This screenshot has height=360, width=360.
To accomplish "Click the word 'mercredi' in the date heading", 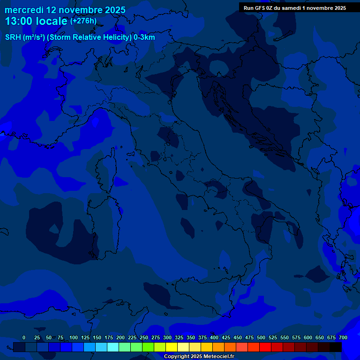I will point(24,10).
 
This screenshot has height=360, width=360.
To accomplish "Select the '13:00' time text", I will point(19,21).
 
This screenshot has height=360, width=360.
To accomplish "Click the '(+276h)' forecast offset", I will point(83,21).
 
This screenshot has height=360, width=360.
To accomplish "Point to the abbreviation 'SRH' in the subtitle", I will point(14,37).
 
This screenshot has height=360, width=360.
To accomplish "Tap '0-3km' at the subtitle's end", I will point(144,37).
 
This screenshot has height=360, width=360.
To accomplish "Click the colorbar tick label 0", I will point(24,337).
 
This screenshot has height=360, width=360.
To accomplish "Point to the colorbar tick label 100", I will point(74,337).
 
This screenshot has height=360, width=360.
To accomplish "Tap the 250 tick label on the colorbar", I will point(144,337).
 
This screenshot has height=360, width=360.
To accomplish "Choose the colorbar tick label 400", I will point(214,337).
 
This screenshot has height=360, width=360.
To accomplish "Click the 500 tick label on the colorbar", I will point(261,337).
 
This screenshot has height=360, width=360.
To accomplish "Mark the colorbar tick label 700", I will point(343,337).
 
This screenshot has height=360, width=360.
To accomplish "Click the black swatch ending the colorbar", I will point(336,347).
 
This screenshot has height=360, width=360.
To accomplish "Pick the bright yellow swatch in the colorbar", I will point(172,347).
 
